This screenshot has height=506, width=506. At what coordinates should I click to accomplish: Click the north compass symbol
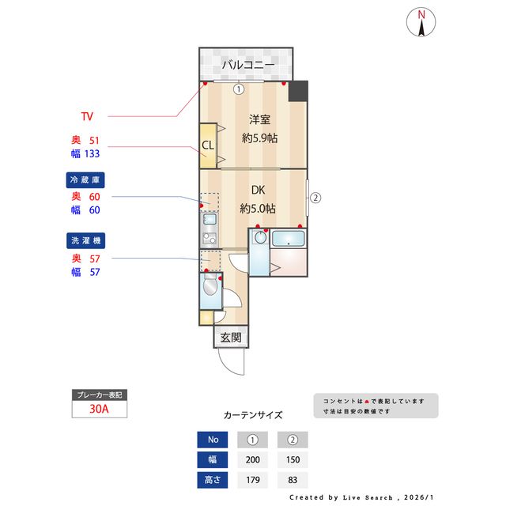(422, 23)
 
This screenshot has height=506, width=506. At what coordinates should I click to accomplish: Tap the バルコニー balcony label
(247, 65)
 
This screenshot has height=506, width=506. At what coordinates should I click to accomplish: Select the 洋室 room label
(260, 120)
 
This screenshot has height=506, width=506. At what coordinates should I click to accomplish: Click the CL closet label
(207, 145)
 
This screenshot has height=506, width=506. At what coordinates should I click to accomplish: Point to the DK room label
(258, 191)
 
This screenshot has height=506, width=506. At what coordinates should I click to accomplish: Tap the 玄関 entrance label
(230, 338)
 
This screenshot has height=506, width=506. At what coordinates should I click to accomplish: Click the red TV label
(87, 116)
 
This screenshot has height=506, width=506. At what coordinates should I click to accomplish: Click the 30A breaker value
(100, 410)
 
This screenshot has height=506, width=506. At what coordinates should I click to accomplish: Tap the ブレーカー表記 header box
(100, 394)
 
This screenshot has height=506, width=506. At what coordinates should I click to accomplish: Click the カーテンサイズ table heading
(253, 414)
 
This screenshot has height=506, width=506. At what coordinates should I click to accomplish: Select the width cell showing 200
(252, 459)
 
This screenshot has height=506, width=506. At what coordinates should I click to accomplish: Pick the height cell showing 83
(292, 479)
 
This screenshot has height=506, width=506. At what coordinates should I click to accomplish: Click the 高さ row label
(213, 479)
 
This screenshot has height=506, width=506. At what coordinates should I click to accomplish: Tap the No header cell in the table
(213, 440)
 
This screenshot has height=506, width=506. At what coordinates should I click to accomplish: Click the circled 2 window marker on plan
(315, 198)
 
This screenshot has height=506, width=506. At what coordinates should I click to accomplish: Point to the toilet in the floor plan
(210, 289)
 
